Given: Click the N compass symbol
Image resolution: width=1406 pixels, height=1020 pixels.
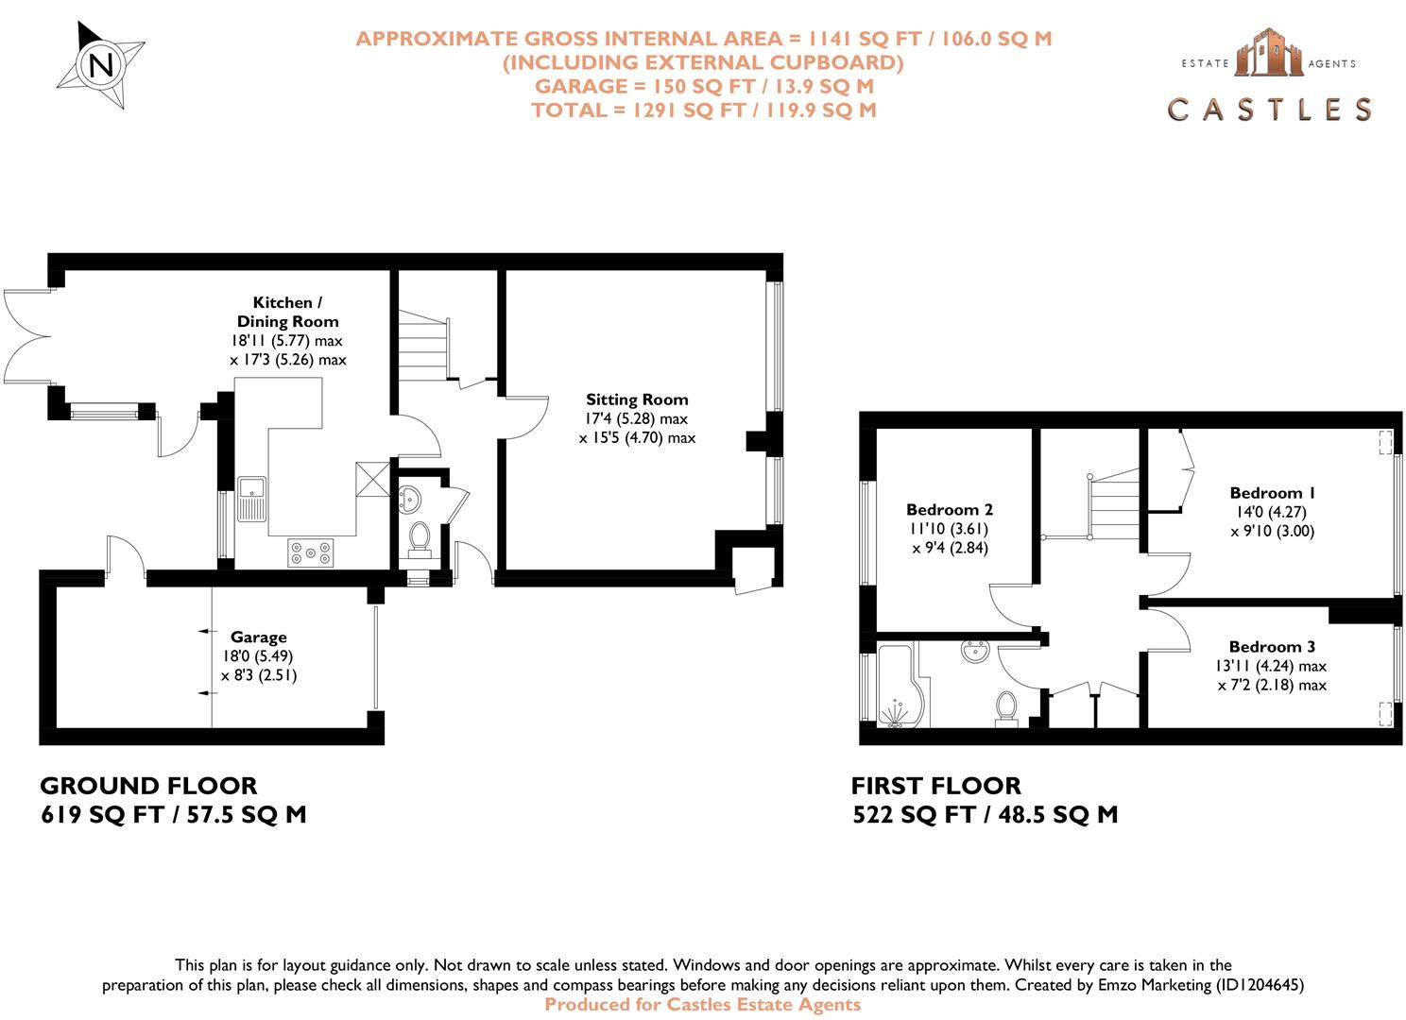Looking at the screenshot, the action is [101, 64].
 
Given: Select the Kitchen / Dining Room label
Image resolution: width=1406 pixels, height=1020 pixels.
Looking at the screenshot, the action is [287, 312].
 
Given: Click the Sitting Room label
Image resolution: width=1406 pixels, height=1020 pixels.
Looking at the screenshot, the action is [637, 399].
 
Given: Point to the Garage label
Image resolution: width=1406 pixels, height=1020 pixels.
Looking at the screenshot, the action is [259, 637].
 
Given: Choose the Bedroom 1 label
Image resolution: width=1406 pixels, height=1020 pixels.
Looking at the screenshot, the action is [1272, 493].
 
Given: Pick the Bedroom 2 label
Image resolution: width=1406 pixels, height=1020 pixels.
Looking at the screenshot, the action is [950, 509].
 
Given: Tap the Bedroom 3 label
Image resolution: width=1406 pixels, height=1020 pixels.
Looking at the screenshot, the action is [1272, 647].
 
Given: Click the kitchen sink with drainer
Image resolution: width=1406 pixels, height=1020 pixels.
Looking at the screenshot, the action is [251, 500].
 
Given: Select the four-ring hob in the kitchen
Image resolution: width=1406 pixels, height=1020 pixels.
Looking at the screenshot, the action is [311, 553].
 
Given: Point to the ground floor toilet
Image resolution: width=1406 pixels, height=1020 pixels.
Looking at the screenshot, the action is [419, 540].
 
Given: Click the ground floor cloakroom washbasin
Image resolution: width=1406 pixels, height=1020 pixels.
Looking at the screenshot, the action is [408, 500].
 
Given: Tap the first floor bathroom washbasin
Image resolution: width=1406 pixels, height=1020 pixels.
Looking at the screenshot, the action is [975, 651].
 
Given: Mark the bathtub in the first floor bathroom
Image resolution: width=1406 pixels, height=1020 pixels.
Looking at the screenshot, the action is [902, 685].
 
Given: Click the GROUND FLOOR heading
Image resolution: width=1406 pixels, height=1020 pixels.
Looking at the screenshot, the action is [148, 786].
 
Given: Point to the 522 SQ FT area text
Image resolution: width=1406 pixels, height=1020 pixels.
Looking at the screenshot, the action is [914, 815].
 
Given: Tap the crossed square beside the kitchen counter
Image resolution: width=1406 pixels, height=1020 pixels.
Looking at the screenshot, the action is [373, 479].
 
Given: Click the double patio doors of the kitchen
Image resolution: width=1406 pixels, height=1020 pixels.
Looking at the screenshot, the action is [27, 337].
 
